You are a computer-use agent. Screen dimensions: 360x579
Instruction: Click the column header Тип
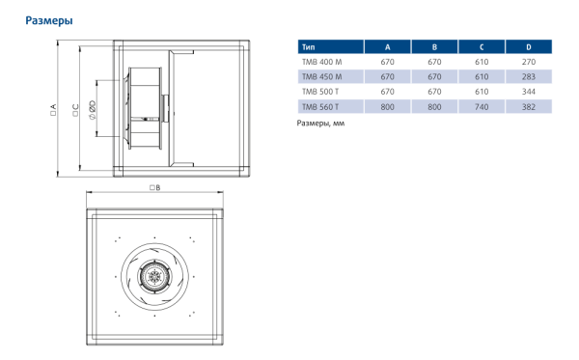click(308, 46)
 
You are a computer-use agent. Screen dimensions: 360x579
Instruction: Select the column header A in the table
click(387, 46)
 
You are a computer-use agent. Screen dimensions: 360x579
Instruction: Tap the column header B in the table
click(434, 46)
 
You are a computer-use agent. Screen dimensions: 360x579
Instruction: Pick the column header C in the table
click(481, 46)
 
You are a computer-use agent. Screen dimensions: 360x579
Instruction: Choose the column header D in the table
click(528, 46)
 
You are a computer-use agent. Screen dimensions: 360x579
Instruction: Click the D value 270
click(528, 62)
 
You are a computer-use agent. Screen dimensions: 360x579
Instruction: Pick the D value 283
click(528, 76)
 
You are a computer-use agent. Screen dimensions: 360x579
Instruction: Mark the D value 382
click(528, 106)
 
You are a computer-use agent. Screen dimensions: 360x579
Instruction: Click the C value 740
click(481, 106)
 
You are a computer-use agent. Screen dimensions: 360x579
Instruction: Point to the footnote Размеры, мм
click(320, 124)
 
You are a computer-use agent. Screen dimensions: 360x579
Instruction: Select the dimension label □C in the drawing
click(74, 108)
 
